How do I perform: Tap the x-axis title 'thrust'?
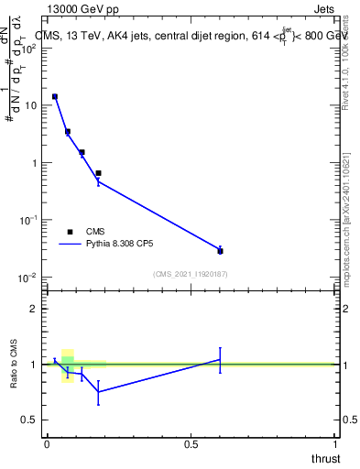pos(325,457)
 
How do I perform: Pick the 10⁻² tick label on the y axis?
pos(27,278)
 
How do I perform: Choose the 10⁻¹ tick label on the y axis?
pos(27,220)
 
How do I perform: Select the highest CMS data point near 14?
pos(55,96)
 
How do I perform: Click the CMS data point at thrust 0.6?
pos(220,250)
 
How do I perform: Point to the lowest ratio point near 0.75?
pos(98,392)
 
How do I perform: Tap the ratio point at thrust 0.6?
pos(220,359)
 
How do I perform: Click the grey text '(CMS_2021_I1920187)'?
pos(191,274)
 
